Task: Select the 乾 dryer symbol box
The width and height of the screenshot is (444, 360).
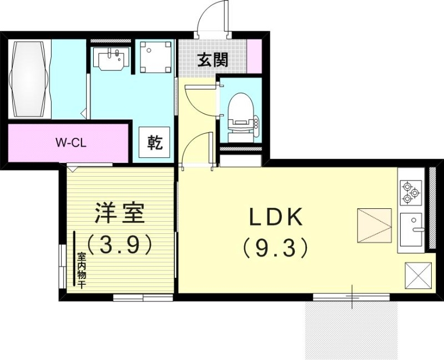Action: [x=155, y=143]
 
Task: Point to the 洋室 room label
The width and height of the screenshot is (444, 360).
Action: [x=119, y=213]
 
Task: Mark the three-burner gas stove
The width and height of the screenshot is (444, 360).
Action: [x=411, y=192]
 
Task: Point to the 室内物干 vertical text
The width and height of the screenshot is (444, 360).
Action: [x=82, y=271]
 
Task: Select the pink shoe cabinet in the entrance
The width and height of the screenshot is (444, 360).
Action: [x=254, y=56]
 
